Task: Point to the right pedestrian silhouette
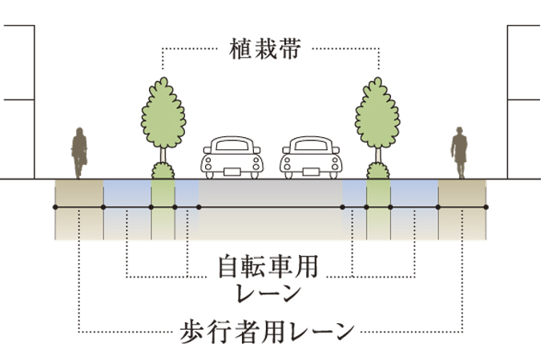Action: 459,152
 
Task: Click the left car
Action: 232,156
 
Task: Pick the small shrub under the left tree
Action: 163,171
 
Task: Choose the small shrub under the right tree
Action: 377,171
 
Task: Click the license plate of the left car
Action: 232,169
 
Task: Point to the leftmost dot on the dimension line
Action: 55,208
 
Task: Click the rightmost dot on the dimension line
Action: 486,208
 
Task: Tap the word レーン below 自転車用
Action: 269,292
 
